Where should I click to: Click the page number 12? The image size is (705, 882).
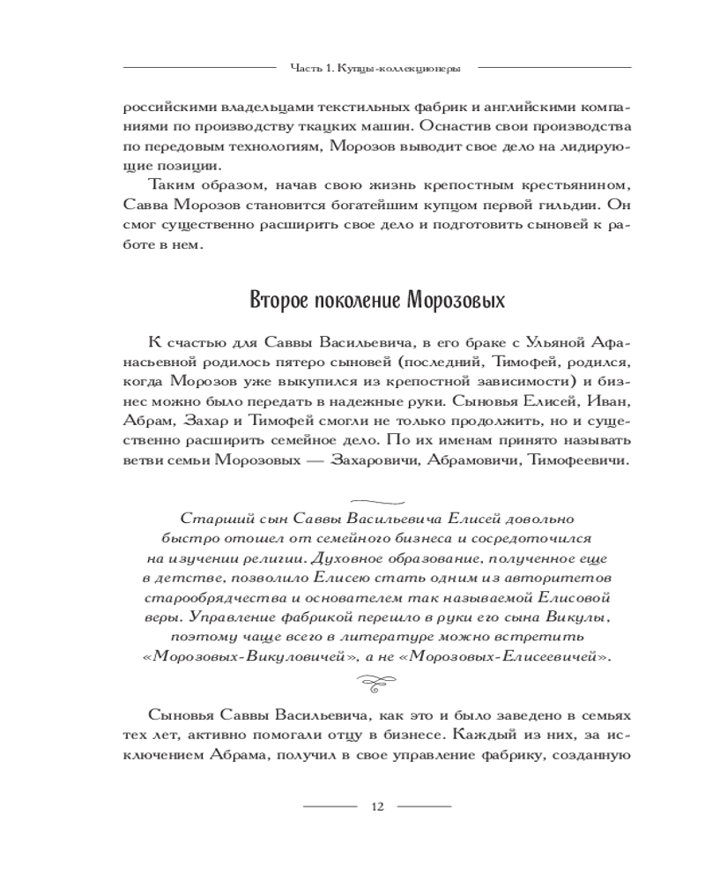[378, 806]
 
